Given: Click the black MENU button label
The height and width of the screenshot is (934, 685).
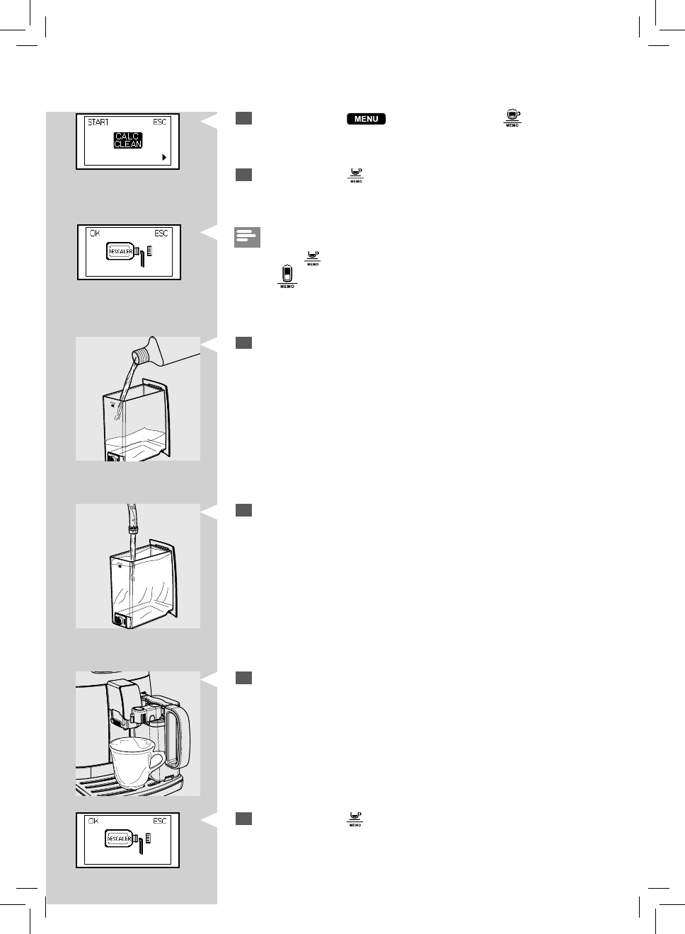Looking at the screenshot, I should click(x=366, y=119).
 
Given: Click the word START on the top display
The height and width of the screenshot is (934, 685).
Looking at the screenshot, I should click(x=98, y=122).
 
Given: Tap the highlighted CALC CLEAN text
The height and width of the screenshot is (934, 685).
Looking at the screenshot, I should click(x=128, y=140).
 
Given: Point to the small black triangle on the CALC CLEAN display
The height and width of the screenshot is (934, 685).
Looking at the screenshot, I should click(x=164, y=157).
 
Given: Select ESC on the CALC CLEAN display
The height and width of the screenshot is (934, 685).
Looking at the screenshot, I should click(x=160, y=122).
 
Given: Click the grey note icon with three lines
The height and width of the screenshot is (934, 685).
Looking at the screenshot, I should click(x=247, y=237).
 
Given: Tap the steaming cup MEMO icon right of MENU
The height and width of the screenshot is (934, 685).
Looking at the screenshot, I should click(x=512, y=118).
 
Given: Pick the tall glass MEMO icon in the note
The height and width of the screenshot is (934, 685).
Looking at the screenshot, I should click(x=287, y=275).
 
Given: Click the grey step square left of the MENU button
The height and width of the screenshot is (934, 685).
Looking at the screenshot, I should click(x=243, y=118).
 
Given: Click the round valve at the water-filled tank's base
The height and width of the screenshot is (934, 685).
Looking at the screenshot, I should click(x=120, y=621).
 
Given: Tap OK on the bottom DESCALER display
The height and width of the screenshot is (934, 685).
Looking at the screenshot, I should click(x=93, y=821).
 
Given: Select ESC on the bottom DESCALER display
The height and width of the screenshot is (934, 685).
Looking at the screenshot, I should click(x=160, y=821).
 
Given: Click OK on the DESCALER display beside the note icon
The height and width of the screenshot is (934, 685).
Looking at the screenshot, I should click(x=95, y=233).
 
